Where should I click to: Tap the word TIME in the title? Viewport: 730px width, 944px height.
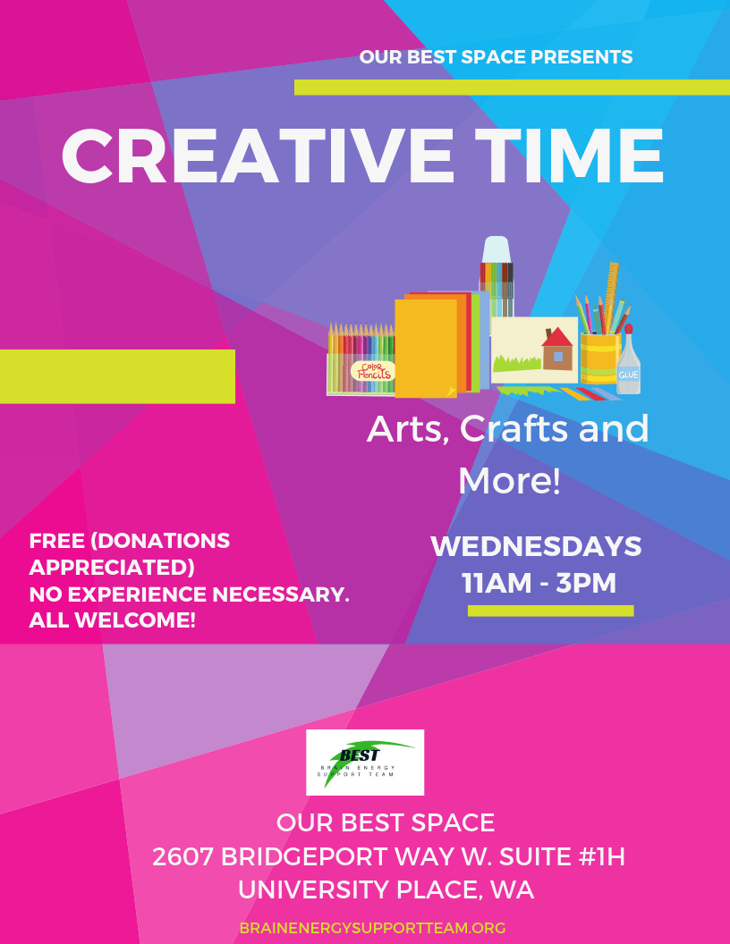tap(569, 156)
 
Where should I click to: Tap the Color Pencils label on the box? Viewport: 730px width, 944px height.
tap(373, 371)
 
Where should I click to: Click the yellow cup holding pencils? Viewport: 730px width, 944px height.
tap(599, 358)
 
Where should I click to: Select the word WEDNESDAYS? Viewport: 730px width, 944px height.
tap(536, 546)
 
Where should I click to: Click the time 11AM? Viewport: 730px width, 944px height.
tap(497, 583)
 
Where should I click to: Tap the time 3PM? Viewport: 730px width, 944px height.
tap(586, 583)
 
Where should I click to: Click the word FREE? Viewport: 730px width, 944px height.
tap(56, 541)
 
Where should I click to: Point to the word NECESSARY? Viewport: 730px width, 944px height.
tap(281, 594)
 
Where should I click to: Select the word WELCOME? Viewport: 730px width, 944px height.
tap(135, 620)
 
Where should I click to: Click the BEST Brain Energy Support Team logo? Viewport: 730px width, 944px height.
tap(365, 763)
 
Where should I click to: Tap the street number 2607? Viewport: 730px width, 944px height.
tap(182, 856)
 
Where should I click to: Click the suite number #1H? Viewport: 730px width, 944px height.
tap(601, 856)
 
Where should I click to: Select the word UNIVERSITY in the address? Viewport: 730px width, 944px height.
tap(312, 889)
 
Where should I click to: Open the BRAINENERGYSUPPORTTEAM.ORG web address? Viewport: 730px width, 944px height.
tap(372, 928)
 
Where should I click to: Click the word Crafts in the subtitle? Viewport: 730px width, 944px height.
tap(514, 429)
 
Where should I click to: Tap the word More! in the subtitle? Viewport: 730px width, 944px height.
tap(510, 481)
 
